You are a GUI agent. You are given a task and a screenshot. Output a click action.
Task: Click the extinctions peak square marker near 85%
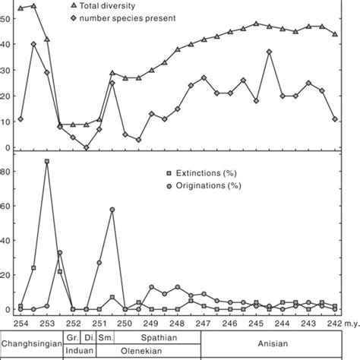(x=47, y=161)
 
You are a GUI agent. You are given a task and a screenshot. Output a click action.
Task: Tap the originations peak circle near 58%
(x=112, y=209)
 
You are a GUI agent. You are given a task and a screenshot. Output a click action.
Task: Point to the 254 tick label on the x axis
(x=21, y=322)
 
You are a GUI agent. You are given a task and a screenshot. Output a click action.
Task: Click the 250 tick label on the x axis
(x=125, y=322)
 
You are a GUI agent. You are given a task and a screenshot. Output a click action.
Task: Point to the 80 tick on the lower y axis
(x=5, y=172)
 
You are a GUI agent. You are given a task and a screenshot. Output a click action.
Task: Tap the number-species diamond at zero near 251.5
(x=86, y=147)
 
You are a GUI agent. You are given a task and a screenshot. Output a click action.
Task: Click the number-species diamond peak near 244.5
(x=270, y=52)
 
